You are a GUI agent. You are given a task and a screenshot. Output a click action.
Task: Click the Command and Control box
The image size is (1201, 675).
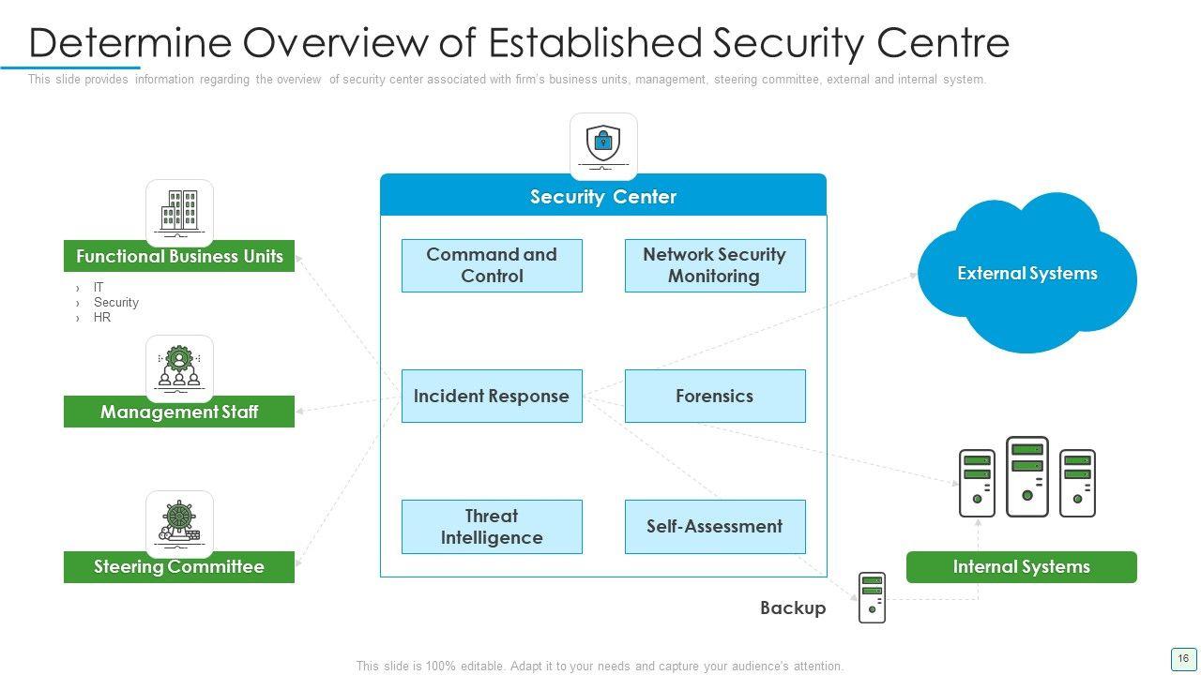(x=492, y=265)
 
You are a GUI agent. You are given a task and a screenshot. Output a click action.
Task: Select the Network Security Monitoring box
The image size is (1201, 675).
(x=715, y=265)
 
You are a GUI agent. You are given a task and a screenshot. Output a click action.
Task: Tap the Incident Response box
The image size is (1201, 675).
(x=492, y=396)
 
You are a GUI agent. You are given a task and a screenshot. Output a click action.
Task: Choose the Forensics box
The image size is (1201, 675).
(x=715, y=396)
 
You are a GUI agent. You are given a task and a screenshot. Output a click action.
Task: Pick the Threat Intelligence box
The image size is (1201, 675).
(x=492, y=527)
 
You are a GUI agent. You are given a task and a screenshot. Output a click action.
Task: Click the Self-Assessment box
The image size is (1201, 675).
(x=715, y=527)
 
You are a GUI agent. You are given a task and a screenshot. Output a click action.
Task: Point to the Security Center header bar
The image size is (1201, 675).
(x=603, y=195)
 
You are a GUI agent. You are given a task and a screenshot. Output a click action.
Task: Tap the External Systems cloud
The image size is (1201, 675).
(x=1027, y=273)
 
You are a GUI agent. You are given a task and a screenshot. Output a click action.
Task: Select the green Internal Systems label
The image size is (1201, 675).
(x=1022, y=567)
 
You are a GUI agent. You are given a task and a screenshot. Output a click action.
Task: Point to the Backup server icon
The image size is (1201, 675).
(x=872, y=597)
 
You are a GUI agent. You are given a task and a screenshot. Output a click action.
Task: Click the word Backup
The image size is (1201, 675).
(x=793, y=608)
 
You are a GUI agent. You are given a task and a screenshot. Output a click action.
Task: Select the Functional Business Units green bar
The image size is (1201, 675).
(x=179, y=256)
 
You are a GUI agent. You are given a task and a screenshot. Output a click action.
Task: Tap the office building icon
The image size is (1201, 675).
(x=179, y=213)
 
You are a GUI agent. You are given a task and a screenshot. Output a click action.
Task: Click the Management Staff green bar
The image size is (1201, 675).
(x=179, y=412)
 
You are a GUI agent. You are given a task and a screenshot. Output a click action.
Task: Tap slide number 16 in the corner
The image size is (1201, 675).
(x=1183, y=658)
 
